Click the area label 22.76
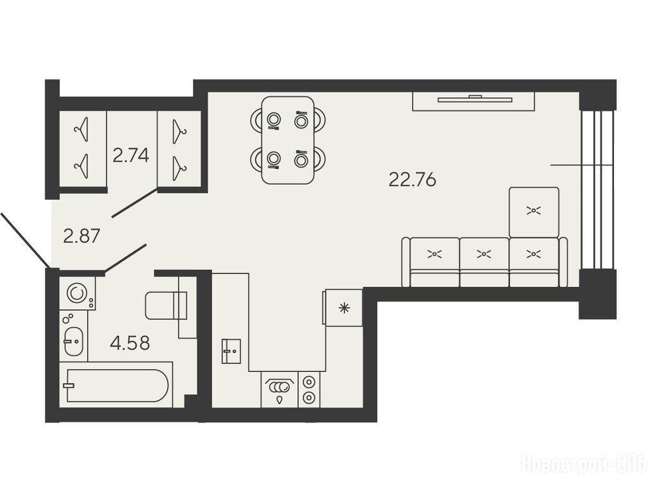(413, 180)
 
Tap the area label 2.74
(131, 156)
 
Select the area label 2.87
(81, 236)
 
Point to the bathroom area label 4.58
(130, 343)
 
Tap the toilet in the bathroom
(166, 305)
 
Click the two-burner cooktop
(309, 390)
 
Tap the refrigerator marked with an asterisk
(343, 307)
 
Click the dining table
(288, 140)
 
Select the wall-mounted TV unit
(474, 101)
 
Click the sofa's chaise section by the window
(534, 212)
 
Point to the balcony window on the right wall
(597, 190)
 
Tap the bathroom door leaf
(125, 258)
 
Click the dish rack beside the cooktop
(279, 390)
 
